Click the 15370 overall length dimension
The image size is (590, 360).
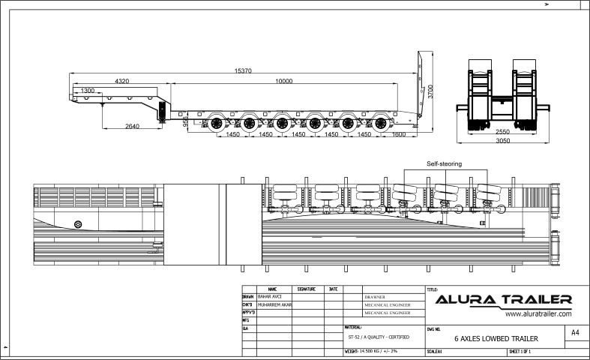pos(242,70)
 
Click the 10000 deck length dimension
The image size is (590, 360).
pos(283,80)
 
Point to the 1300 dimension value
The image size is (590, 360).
pos(88,90)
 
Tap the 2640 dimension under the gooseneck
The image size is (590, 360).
pos(132,126)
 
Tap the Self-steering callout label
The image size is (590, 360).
pos(444,163)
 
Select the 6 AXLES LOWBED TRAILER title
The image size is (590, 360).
pos(496,339)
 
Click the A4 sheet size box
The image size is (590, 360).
pos(575,332)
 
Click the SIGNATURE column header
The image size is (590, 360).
pos(307,289)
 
